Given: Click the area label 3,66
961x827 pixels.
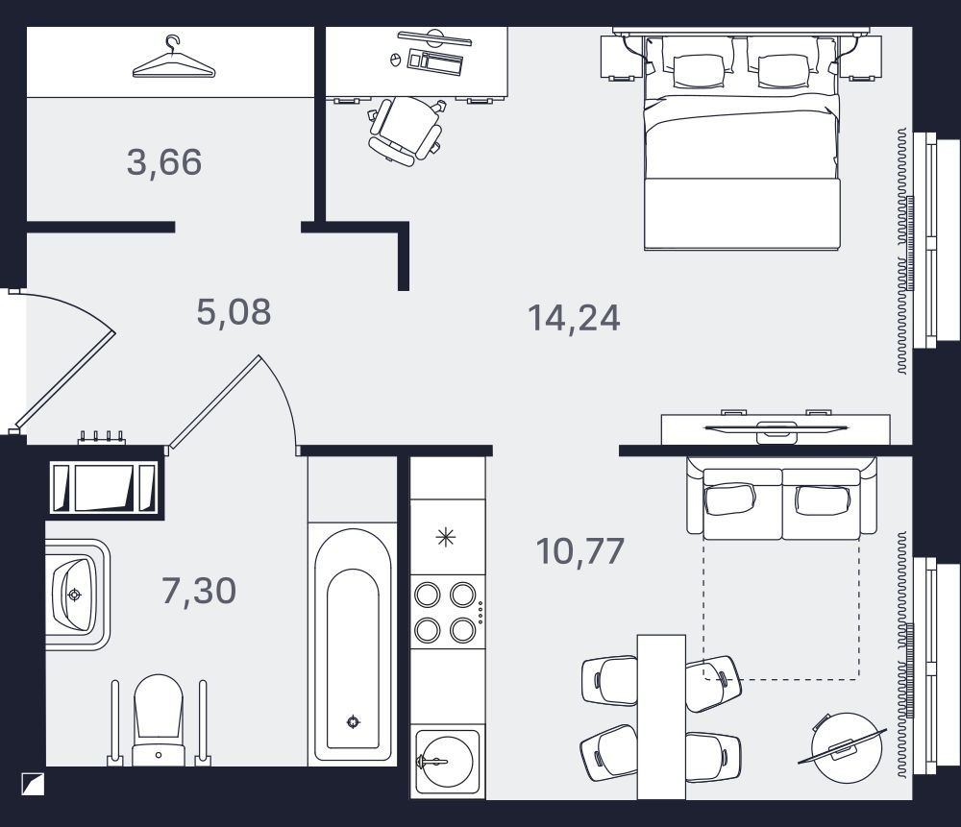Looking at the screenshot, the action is coord(164,162).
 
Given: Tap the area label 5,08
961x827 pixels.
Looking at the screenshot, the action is coord(234,311).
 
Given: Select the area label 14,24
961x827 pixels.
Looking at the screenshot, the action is coord(574,319).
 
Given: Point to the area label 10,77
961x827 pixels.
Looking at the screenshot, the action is coord(579,550).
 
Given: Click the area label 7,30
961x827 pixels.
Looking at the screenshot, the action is coord(199,591).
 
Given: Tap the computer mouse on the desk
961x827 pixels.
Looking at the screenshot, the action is coord(395,60).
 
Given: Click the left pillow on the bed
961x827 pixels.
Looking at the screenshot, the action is coord(698,69).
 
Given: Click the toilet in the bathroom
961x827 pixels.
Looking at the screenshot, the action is coord(159,719).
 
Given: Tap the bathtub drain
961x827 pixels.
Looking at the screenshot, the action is coord(353,721).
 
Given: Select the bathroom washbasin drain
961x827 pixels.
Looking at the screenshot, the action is coord(75,595).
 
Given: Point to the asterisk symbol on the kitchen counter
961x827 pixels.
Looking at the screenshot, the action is coord(446,538).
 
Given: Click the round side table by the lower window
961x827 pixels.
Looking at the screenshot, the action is coord(847,747).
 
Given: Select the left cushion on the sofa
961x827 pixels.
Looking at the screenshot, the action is coord(728,499).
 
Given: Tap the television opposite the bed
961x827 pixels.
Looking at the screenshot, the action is coord(776,428).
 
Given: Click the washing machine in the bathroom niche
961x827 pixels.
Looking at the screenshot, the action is coord(104,487).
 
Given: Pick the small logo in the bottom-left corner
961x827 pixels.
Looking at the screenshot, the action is coord(33,784).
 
